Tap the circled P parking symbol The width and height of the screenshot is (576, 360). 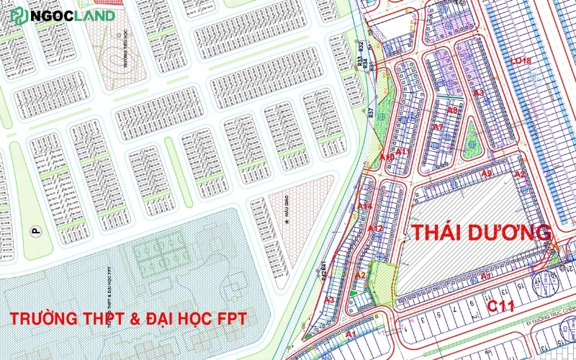[33, 230]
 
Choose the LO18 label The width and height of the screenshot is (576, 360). [519, 60]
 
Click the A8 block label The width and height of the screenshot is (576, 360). [452, 110]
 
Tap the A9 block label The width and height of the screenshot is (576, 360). [487, 174]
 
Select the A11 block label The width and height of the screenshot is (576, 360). [403, 152]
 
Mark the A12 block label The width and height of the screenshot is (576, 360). [375, 228]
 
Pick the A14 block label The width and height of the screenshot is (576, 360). [364, 207]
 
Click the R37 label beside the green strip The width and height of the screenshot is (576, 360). [370, 112]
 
